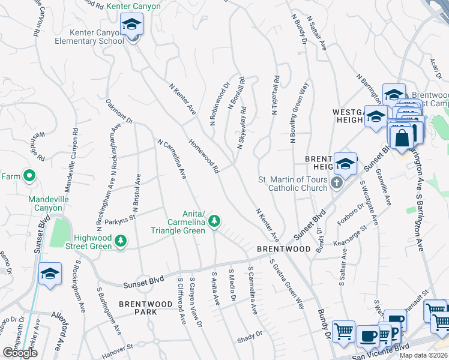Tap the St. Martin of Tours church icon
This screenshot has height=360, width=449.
(337, 182)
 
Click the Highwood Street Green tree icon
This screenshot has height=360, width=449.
(121, 241)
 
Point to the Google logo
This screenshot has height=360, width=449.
(20, 353)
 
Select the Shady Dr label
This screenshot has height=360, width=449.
(250, 334)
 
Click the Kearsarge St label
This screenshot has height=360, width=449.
(351, 235)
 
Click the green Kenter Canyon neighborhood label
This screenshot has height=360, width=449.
(133, 6)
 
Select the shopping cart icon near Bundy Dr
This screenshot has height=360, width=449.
(343, 330)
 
